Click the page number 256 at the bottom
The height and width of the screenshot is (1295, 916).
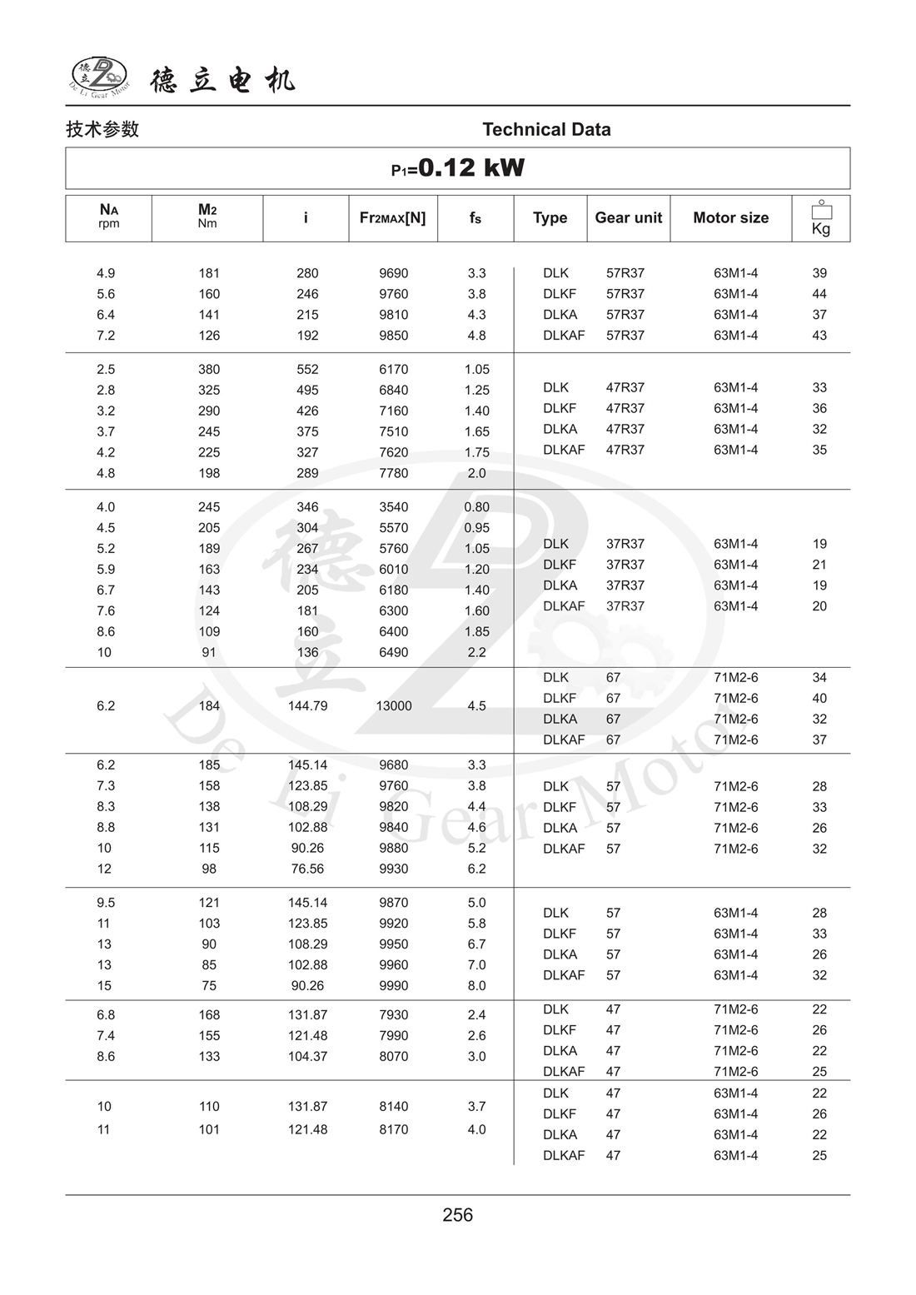tap(458, 1215)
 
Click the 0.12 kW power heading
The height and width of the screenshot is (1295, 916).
tap(458, 168)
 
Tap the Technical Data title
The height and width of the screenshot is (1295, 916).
tap(546, 130)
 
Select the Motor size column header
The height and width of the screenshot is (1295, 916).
tap(730, 218)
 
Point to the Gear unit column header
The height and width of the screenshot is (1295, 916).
tap(628, 218)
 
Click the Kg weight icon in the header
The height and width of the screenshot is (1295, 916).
tap(821, 219)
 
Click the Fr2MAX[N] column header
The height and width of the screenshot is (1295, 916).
tap(392, 218)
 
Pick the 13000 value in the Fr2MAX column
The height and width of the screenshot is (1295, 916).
tap(393, 706)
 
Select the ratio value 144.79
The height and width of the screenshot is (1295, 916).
tap(307, 706)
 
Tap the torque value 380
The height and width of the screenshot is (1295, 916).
tap(209, 370)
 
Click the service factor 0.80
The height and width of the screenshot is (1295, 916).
tap(476, 507)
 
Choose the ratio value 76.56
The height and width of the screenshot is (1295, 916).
tap(307, 869)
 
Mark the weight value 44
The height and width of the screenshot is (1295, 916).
tap(819, 294)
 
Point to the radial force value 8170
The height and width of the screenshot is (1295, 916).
tap(393, 1130)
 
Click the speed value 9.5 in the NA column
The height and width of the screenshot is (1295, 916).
tap(105, 903)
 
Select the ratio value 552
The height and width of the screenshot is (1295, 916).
tap(307, 370)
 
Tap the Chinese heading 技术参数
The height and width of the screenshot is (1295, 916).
tap(102, 130)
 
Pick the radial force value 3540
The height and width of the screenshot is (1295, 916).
tap(393, 507)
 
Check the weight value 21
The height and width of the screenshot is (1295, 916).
tap(819, 565)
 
